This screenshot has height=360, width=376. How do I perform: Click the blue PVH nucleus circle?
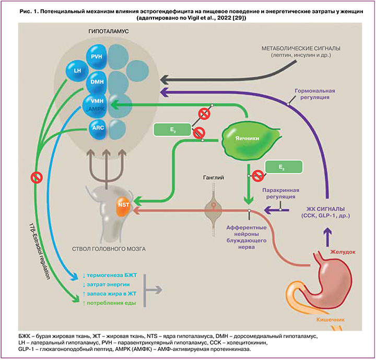tap(96, 57)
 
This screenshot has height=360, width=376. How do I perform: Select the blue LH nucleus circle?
tap(77, 70)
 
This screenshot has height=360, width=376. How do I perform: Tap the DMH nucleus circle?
tap(96, 83)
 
